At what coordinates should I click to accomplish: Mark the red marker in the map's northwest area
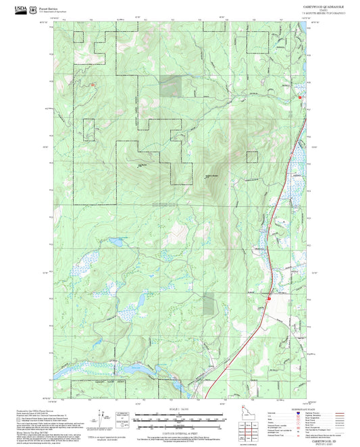(93, 84)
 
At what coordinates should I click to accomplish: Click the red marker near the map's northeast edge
(300, 98)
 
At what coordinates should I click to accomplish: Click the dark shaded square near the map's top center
(171, 86)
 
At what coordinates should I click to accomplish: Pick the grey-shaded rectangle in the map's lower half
(209, 305)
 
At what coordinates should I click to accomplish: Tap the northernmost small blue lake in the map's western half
(115, 240)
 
